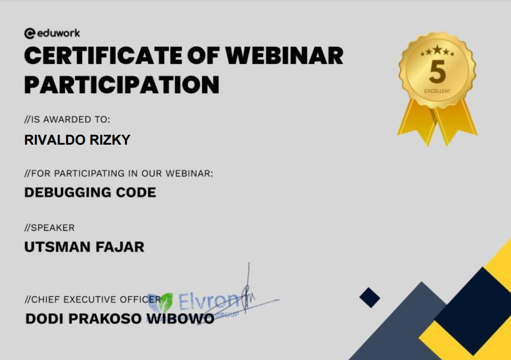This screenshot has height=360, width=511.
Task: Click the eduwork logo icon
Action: (x=30, y=33)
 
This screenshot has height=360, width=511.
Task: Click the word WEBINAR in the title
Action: (x=284, y=55)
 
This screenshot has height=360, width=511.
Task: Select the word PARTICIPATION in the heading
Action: (x=122, y=85)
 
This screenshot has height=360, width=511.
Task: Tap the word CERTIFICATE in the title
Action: (x=103, y=55)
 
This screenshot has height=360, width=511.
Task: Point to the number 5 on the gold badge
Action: (x=438, y=72)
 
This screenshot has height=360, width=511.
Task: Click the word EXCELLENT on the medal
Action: (x=438, y=91)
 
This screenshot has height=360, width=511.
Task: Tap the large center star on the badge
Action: (x=438, y=50)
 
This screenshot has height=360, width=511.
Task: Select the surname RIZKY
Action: (x=110, y=140)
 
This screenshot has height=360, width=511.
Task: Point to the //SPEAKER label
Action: (x=50, y=227)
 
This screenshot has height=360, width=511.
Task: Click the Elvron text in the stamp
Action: (x=209, y=301)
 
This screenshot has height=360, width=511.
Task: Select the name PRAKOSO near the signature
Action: (x=105, y=318)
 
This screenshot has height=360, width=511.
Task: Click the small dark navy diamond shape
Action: (x=370, y=297)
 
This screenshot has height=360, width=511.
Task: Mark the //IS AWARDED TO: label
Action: (x=67, y=120)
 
